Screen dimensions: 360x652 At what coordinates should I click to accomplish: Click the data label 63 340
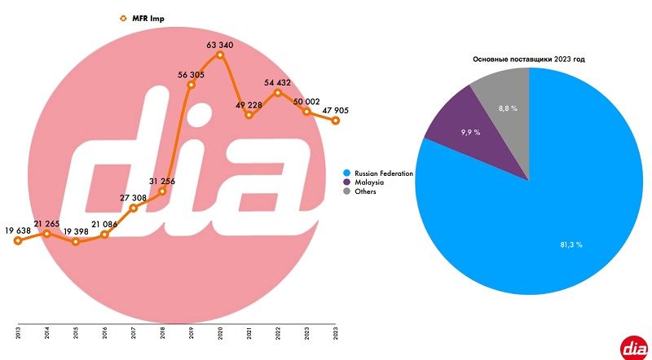click(x=220, y=45)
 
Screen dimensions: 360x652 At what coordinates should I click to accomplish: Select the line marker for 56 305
click(x=191, y=84)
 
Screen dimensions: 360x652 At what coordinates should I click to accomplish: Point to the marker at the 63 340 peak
click(x=220, y=55)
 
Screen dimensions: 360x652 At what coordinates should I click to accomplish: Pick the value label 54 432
click(x=278, y=82)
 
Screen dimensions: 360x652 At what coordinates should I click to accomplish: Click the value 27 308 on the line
click(x=134, y=197)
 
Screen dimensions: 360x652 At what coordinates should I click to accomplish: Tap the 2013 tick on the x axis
click(x=18, y=333)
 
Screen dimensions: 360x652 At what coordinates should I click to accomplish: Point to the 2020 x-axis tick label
click(x=220, y=333)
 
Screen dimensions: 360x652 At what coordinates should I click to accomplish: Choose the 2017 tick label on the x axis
click(x=134, y=333)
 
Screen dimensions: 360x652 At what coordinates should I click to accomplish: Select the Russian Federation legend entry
click(x=384, y=173)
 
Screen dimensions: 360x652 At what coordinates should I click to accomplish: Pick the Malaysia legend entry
click(x=371, y=182)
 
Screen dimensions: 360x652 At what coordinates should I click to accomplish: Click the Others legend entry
click(x=367, y=191)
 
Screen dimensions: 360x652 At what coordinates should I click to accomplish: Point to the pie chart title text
click(x=530, y=59)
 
